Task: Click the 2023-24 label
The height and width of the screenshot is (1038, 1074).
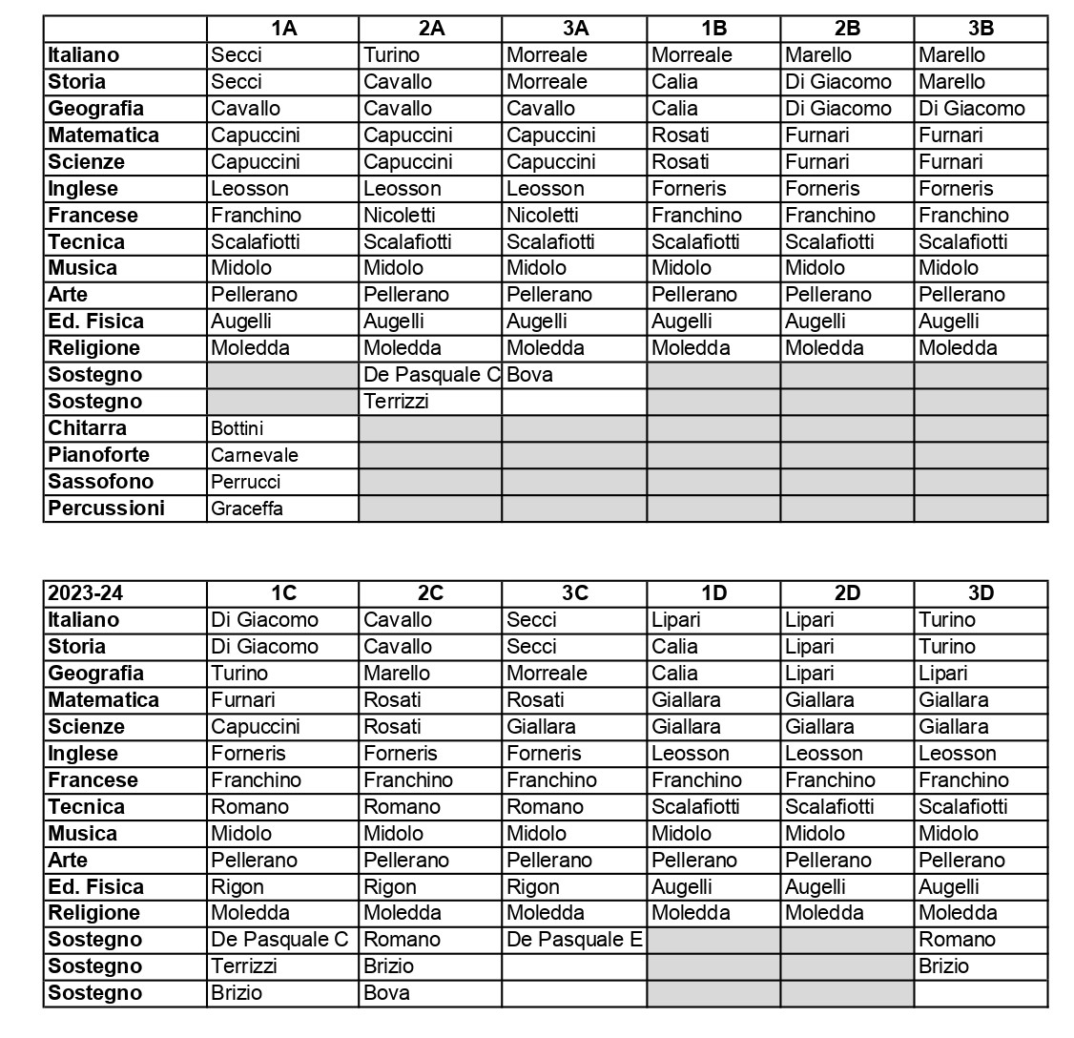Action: pos(86,593)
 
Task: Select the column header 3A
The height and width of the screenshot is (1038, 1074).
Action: pos(574,29)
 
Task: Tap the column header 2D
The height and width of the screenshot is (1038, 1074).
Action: pos(846,593)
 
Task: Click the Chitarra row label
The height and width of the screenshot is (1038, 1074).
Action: pos(88,428)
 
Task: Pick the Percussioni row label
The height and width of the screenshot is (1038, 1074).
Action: pos(106,509)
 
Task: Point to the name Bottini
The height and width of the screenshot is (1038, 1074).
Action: pos(238,429)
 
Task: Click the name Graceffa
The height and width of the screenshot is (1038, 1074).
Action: pos(247,509)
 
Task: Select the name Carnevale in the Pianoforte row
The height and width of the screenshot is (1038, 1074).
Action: pos(255,456)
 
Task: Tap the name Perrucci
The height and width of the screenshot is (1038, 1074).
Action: pos(246,483)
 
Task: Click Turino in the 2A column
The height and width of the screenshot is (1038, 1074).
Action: pos(392,55)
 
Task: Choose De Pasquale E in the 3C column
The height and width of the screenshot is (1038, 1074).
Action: pos(574,940)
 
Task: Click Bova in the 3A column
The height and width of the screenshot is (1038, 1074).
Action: pos(530,375)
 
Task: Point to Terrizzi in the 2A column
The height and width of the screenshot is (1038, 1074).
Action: pos(397,402)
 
